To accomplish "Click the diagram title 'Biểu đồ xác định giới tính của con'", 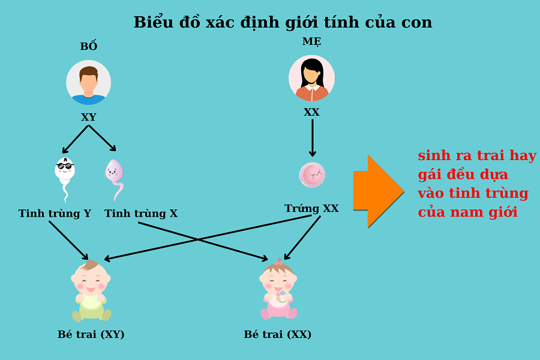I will pyautogui.click(x=283, y=22).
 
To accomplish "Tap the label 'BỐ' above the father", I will pyautogui.click(x=89, y=47).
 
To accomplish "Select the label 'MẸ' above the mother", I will pyautogui.click(x=311, y=41).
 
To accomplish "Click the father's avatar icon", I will pyautogui.click(x=89, y=83).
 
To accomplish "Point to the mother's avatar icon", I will pyautogui.click(x=311, y=78).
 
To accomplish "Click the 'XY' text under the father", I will pyautogui.click(x=89, y=118).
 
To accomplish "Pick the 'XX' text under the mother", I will pyautogui.click(x=311, y=112).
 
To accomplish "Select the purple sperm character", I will pyautogui.click(x=115, y=177).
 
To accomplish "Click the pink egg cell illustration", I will pyautogui.click(x=312, y=175).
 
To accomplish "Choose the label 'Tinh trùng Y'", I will pyautogui.click(x=55, y=214).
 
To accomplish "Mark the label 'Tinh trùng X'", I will pyautogui.click(x=141, y=214).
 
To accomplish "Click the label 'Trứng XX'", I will pyautogui.click(x=311, y=209).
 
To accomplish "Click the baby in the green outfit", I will pyautogui.click(x=91, y=291).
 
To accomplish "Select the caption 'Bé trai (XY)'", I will pyautogui.click(x=91, y=335).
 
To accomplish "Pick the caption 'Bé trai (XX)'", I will pyautogui.click(x=278, y=335).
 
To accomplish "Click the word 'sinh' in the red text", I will pyautogui.click(x=434, y=156).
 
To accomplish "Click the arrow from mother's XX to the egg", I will pyautogui.click(x=312, y=138).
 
